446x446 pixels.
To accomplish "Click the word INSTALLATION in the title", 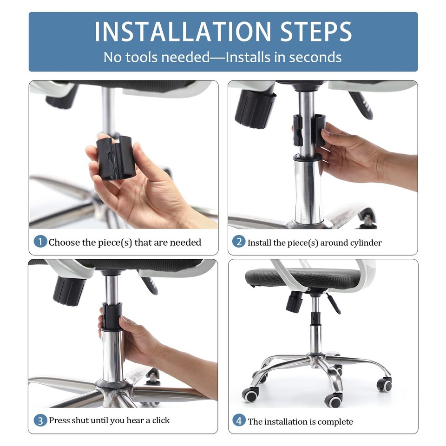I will (182, 32).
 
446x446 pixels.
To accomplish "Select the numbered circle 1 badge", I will (40, 242).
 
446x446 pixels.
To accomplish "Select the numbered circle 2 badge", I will (239, 242).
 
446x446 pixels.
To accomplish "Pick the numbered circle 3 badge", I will (40, 420).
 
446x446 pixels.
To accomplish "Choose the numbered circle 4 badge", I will (239, 421).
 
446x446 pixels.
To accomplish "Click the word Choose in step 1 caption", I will (64, 242).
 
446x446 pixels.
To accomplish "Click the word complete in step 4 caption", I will (335, 422).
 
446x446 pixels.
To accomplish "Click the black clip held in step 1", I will (116, 157).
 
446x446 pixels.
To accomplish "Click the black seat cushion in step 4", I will (302, 277).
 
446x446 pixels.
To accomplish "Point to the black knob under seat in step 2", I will (255, 108).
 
